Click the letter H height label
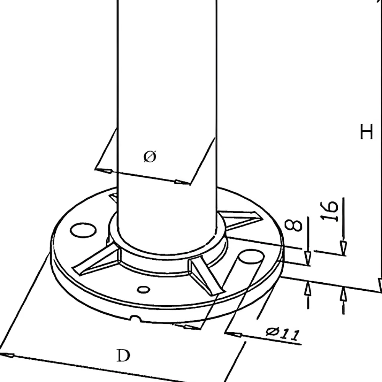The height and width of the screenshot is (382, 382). tap(366, 132)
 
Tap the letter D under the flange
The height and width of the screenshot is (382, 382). tap(123, 356)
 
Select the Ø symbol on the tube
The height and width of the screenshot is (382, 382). tap(150, 156)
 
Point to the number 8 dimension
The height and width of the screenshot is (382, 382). tap(293, 225)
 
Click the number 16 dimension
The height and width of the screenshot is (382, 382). tap(329, 211)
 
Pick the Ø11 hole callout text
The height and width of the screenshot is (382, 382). tap(283, 333)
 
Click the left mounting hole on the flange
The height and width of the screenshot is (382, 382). tap(83, 230)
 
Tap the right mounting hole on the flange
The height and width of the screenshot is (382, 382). tap(251, 256)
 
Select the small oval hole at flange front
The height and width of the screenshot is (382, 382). tap(144, 290)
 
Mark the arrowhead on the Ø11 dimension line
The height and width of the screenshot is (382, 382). tap(233, 334)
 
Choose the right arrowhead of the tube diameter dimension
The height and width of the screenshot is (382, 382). tap(182, 182)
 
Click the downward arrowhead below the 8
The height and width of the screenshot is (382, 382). tap(308, 259)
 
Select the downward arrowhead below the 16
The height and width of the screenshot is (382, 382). tap(343, 248)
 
